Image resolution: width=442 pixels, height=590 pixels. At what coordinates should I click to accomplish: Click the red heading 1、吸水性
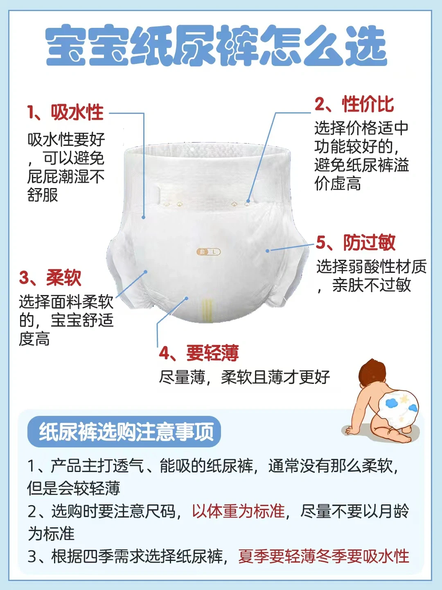click(65, 112)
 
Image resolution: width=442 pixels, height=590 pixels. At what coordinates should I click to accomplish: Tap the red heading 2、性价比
click(354, 104)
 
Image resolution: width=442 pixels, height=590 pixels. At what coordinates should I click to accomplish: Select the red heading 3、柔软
click(50, 278)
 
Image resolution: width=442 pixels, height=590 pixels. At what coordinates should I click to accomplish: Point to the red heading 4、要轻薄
click(199, 353)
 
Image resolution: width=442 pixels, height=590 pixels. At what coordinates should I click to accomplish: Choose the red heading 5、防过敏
click(356, 243)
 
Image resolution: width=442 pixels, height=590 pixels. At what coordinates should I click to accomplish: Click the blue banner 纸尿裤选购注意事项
click(124, 432)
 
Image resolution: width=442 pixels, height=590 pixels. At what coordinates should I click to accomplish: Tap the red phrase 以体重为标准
click(238, 511)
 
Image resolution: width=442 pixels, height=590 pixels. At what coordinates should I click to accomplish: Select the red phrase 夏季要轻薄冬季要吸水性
click(324, 556)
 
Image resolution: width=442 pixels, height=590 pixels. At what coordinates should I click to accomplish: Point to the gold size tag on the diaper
click(209, 252)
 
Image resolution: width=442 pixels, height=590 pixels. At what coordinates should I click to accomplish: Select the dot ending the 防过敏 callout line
click(268, 251)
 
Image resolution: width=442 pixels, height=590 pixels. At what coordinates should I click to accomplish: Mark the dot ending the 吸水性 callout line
click(144, 217)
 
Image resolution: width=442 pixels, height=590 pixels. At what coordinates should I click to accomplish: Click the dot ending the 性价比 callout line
click(248, 201)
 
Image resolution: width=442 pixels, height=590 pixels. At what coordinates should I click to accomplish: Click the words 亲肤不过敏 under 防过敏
click(372, 285)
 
